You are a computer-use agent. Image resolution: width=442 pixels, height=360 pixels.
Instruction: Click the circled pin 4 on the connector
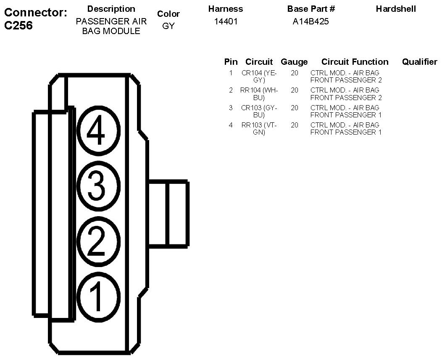point(97,132)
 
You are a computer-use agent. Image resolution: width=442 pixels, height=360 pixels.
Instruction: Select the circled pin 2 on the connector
point(97,241)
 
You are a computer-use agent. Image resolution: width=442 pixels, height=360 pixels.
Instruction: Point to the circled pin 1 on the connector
point(97,295)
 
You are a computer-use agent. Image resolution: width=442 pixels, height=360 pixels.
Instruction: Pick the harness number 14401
point(226,22)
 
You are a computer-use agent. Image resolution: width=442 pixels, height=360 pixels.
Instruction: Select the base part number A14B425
point(310,22)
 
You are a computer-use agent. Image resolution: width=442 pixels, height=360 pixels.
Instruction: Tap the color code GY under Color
point(168,26)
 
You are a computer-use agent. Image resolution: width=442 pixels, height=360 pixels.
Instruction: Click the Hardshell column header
point(396,9)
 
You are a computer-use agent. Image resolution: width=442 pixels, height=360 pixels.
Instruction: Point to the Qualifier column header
point(419,62)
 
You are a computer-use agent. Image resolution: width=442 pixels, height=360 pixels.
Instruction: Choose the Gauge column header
point(294,62)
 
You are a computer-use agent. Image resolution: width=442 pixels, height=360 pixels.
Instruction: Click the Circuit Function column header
point(355,62)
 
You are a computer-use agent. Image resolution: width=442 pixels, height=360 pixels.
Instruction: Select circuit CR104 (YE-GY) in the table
point(259,76)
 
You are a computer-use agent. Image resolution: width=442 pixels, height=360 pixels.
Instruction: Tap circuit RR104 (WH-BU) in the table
point(259,93)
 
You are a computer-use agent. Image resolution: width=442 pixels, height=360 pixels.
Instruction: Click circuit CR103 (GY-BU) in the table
point(259,111)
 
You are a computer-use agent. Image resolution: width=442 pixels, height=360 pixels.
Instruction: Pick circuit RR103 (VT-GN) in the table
point(259,128)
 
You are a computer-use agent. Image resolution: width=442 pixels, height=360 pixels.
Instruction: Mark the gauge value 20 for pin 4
point(294,125)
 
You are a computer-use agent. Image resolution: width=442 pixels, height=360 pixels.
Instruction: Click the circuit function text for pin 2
point(346,93)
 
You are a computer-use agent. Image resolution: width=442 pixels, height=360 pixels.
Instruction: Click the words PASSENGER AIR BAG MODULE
point(111,26)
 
